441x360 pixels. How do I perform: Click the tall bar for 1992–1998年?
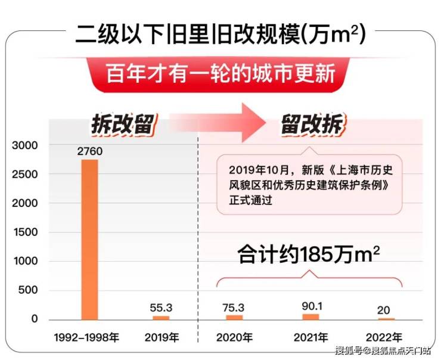click(x=90, y=238)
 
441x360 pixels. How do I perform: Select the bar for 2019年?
click(x=162, y=318)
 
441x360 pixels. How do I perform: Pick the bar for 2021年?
click(x=310, y=316)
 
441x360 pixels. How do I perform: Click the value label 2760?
click(x=90, y=151)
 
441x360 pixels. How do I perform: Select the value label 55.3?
click(x=162, y=308)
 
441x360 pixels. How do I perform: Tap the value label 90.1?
click(x=310, y=305)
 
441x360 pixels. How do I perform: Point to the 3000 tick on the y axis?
click(x=26, y=145)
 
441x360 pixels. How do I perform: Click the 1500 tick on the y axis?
click(x=26, y=232)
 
